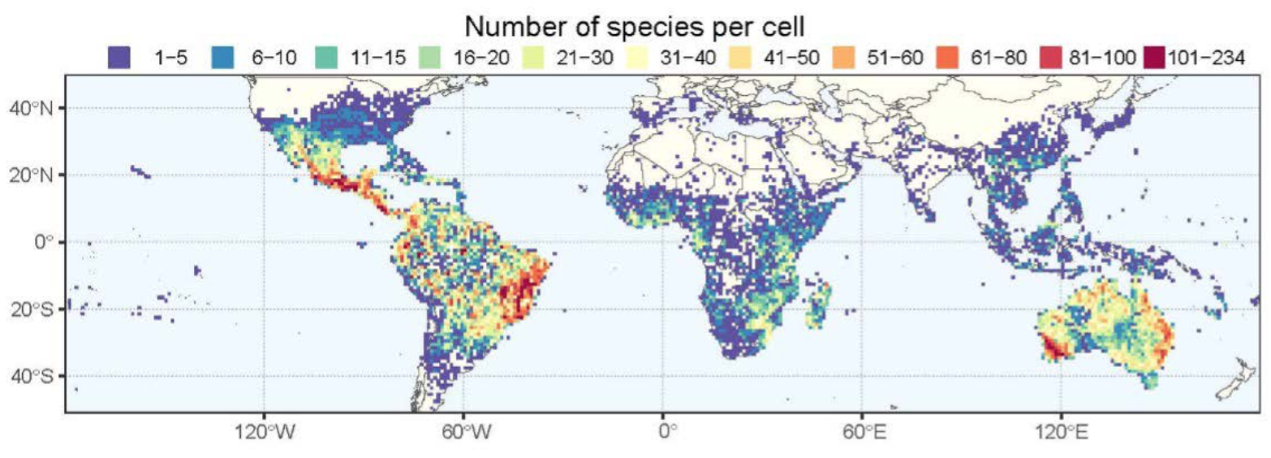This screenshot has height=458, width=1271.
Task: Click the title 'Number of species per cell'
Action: [x=635, y=27]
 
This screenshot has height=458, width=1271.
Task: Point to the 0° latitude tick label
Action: [x=42, y=242]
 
